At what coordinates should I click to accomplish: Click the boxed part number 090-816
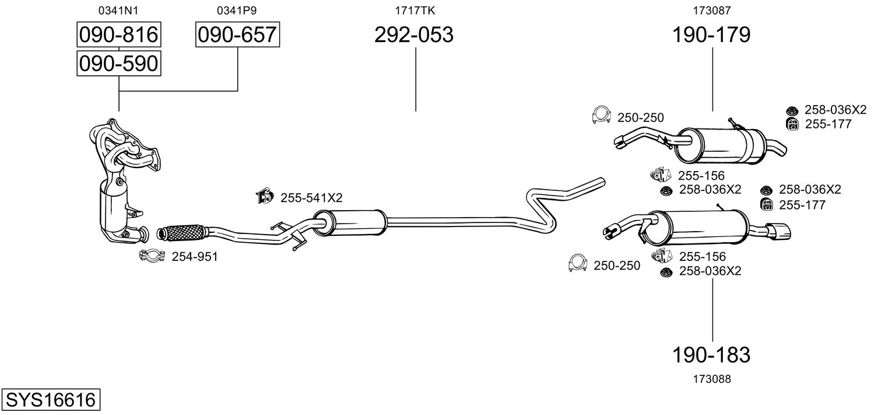(119, 35)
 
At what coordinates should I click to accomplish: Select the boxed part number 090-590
(119, 63)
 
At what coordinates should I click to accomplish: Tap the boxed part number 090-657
(237, 35)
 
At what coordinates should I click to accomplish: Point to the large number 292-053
(413, 35)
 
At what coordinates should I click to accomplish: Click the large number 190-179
(711, 35)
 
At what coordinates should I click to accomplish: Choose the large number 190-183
(711, 354)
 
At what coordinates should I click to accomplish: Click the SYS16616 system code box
(50, 400)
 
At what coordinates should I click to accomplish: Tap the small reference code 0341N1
(119, 10)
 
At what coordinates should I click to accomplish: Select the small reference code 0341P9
(237, 10)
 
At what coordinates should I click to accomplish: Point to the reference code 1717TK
(415, 10)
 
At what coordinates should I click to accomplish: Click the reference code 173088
(712, 379)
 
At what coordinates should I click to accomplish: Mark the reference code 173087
(712, 10)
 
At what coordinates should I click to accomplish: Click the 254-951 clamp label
(194, 256)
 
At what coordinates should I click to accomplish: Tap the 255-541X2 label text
(311, 198)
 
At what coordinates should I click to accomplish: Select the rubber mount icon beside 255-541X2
(265, 197)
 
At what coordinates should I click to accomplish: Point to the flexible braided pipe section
(182, 232)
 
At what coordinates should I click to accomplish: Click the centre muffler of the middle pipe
(350, 222)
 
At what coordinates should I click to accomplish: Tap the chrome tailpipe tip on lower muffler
(779, 231)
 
